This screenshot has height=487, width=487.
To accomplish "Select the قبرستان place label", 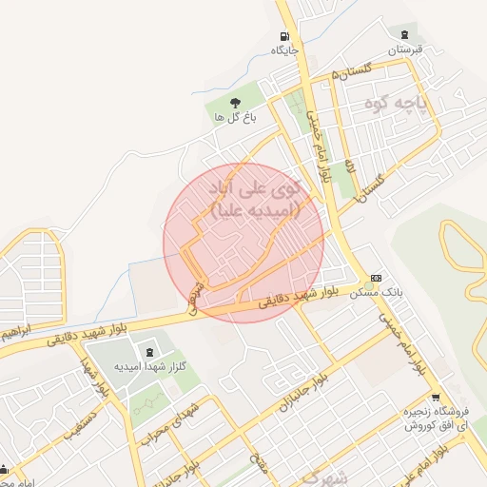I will (404, 49).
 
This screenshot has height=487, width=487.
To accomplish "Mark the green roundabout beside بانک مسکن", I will (368, 285).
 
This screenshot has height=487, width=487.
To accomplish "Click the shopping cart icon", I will (436, 398).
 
